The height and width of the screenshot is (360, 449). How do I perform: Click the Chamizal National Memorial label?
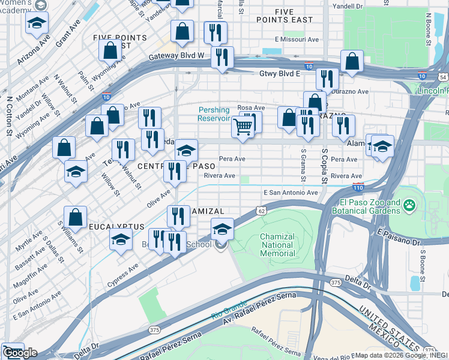coord(277,245)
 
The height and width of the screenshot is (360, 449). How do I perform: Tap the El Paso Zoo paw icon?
coord(409,206)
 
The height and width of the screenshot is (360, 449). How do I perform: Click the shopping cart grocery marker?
coord(243,127)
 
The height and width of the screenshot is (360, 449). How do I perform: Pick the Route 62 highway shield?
coord(261,211)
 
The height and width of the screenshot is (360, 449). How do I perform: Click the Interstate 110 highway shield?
coord(358,187)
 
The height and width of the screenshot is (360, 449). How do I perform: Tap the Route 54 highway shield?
coord(442,77)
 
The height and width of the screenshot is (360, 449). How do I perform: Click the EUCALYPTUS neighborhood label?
coord(117,227)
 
